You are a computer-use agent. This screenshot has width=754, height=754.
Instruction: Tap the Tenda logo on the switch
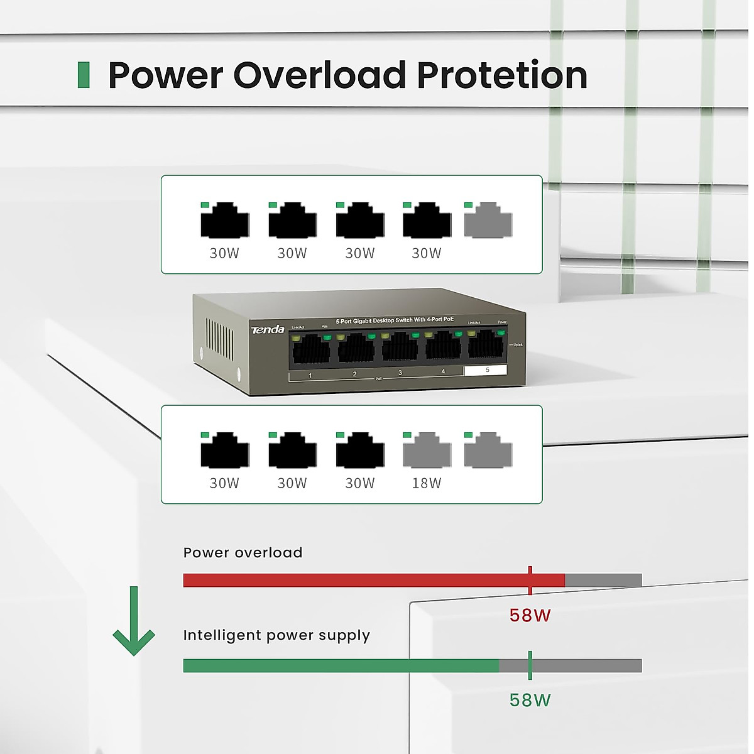click(268, 330)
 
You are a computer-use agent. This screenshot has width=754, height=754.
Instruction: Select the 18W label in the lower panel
click(426, 483)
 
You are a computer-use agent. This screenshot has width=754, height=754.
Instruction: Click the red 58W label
click(530, 615)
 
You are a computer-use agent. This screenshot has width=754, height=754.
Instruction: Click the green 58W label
click(530, 700)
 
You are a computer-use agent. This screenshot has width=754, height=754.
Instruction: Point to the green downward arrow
click(133, 622)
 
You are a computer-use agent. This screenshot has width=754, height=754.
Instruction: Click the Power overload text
click(243, 553)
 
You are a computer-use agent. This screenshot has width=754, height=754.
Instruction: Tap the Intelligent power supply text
click(276, 635)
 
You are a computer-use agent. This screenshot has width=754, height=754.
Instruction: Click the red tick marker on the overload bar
click(530, 580)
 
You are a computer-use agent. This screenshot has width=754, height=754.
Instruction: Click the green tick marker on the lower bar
click(530, 665)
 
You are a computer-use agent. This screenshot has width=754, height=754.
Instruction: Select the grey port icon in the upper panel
click(488, 221)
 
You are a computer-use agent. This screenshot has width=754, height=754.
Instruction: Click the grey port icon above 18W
click(427, 451)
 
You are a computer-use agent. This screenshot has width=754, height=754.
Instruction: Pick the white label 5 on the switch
click(486, 370)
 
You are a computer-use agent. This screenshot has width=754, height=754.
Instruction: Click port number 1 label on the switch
click(310, 376)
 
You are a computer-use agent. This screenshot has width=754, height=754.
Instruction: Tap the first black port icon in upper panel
click(224, 221)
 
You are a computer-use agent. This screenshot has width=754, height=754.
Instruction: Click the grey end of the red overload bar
click(603, 581)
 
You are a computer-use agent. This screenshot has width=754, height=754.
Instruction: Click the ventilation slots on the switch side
click(219, 340)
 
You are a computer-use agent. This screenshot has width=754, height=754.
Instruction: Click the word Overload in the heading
click(320, 75)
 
